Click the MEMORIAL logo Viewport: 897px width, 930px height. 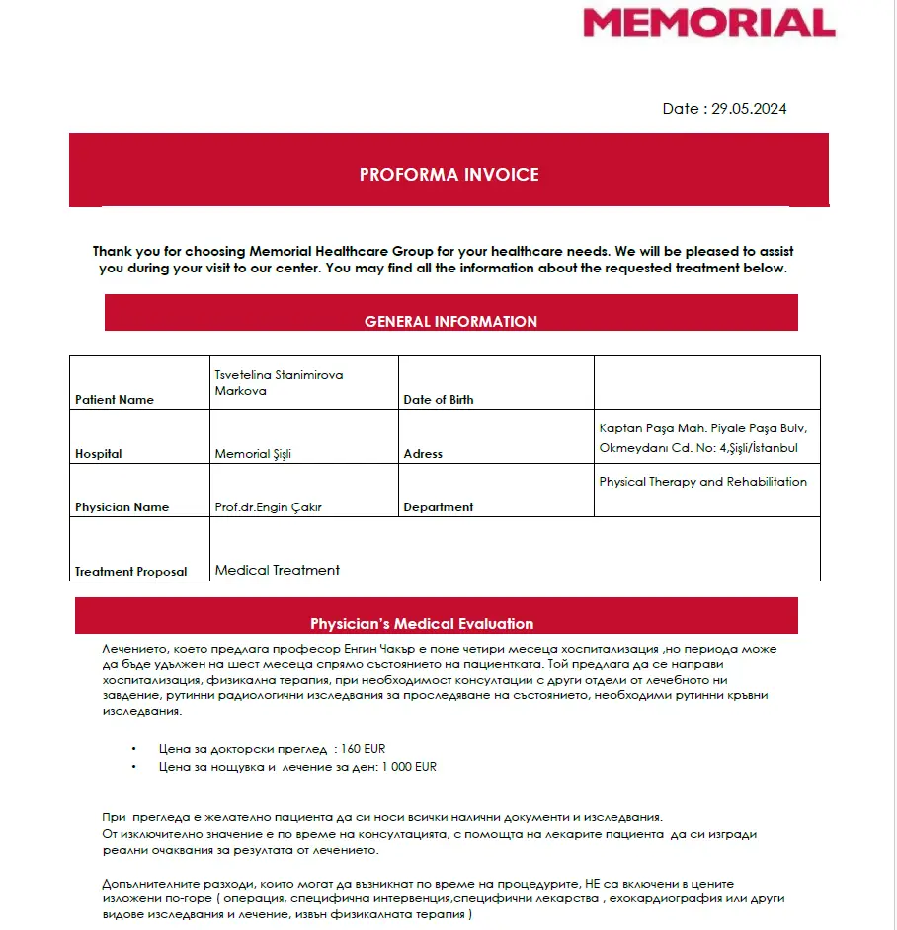point(708,22)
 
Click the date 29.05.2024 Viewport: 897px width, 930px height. point(749,109)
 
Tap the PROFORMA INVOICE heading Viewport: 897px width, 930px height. point(448,175)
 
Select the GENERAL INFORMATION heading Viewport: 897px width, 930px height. point(450,321)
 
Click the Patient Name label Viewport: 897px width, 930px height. point(115,400)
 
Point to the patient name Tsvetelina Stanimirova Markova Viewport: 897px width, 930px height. point(279,383)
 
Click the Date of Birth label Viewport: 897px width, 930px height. point(439,400)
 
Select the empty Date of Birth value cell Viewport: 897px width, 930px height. point(706,382)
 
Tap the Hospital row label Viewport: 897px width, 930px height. point(99,454)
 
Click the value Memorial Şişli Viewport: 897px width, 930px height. point(253,454)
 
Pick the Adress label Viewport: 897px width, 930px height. point(423,454)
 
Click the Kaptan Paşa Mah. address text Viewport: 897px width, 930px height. point(702,437)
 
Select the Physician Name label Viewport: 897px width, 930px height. point(122,507)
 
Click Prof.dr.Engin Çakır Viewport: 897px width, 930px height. point(269,507)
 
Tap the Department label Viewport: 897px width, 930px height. point(439,507)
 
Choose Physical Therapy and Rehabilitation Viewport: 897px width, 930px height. point(702,482)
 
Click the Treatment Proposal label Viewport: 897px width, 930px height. point(130,572)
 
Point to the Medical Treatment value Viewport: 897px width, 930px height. point(278,570)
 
